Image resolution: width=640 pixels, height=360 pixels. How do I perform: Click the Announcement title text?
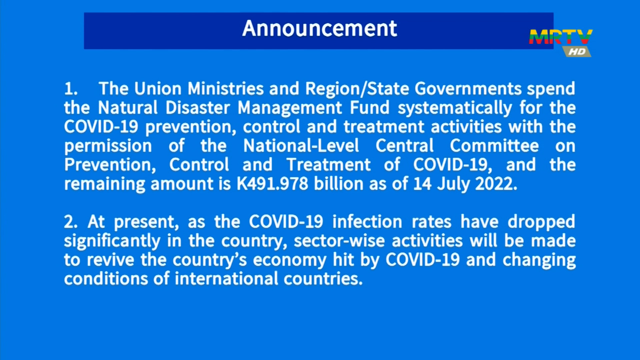[x=319, y=28]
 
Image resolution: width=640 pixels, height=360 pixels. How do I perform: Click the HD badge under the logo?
[x=577, y=52]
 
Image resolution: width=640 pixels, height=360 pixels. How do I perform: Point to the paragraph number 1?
[x=71, y=89]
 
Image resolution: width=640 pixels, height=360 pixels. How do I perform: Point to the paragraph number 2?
[x=71, y=222]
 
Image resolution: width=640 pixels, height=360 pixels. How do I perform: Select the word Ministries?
[x=226, y=89]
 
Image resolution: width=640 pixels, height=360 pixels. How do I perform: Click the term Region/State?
[x=357, y=89]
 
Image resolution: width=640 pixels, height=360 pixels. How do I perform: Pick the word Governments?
[x=468, y=89]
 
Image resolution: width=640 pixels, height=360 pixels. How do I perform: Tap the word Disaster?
[x=198, y=108]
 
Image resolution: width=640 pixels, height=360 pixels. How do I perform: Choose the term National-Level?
[x=301, y=146]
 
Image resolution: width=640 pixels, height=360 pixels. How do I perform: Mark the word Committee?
[x=494, y=146]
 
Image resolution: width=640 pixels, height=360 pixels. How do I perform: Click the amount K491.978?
[x=272, y=184]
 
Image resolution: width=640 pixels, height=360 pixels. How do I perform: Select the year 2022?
[x=496, y=184]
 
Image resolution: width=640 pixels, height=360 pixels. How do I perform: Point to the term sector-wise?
[x=339, y=241]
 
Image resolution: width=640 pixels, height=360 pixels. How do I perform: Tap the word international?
[x=226, y=279]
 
